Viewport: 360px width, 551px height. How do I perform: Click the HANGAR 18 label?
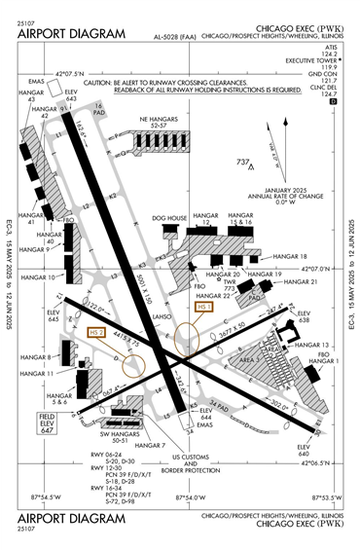click(x=282, y=256)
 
